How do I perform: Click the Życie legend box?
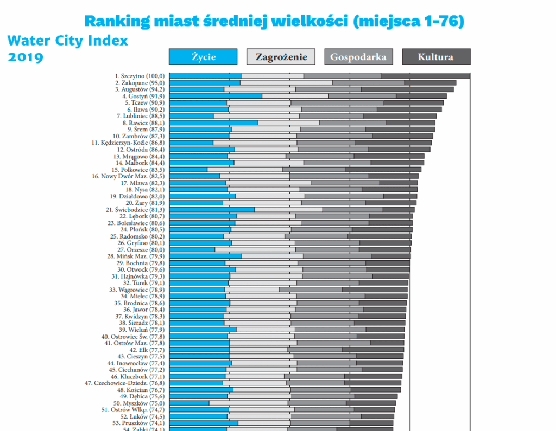coord(203,57)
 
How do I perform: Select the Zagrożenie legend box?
coord(281,57)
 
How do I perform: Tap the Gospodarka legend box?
coord(358,57)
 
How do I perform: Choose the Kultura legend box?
coord(436,57)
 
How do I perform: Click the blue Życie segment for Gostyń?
coord(216,96)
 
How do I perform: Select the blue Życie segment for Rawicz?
coord(213,123)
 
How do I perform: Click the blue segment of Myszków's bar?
coord(189,403)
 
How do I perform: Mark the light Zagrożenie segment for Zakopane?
coord(286,83)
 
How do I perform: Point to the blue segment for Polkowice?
coord(188,170)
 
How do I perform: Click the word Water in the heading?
coord(29,41)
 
